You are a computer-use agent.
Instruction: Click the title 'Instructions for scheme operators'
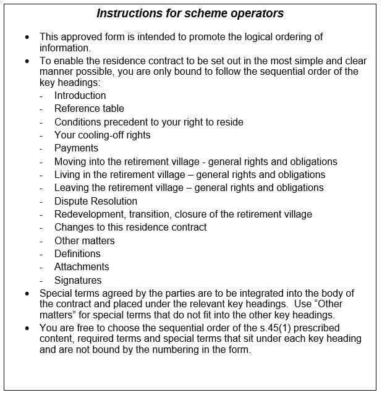tap(190, 14)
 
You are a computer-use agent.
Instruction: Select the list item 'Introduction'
tap(80, 95)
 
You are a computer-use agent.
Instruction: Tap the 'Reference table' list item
tap(89, 109)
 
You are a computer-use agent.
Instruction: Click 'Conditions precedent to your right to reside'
tap(148, 122)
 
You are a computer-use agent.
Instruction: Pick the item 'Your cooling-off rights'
tap(102, 135)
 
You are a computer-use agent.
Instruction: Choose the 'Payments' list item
tap(76, 148)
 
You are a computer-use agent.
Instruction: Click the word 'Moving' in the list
tap(70, 161)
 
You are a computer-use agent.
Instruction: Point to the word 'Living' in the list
tap(67, 175)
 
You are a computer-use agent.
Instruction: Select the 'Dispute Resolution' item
tap(96, 201)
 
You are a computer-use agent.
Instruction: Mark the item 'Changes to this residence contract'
tap(130, 227)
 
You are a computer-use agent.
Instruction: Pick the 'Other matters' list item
tap(84, 240)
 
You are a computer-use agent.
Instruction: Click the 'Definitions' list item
tap(77, 254)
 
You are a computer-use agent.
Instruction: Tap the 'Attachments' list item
tap(82, 267)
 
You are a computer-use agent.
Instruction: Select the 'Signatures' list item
tap(78, 280)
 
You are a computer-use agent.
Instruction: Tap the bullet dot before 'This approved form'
tap(27, 37)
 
